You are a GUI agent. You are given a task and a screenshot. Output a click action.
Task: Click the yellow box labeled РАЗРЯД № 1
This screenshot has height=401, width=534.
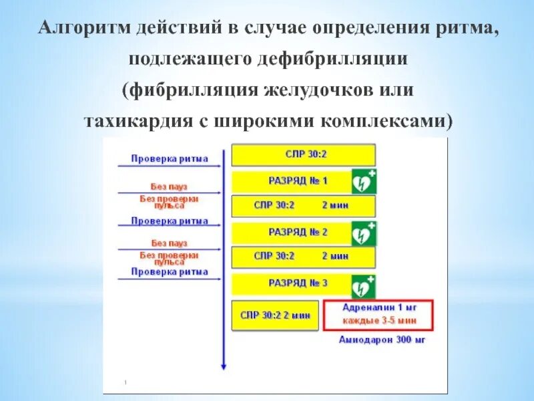(x=292, y=181)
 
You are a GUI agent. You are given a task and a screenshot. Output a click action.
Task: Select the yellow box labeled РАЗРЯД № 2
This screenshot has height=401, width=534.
(x=292, y=232)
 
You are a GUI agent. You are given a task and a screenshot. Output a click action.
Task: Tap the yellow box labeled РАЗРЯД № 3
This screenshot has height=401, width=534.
(x=292, y=283)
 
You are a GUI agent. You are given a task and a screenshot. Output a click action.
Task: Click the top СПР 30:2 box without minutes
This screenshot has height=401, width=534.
(x=303, y=155)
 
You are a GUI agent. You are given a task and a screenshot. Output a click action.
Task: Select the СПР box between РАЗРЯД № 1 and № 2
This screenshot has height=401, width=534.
(x=303, y=206)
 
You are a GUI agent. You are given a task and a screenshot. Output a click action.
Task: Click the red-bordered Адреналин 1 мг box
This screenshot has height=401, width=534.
(x=378, y=315)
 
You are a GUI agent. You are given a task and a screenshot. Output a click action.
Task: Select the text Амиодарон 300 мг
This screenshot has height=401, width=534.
(x=382, y=340)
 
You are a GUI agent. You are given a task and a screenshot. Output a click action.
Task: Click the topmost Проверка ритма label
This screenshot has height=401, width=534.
(x=170, y=159)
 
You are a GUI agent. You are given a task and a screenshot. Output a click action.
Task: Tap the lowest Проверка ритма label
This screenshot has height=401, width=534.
(x=170, y=272)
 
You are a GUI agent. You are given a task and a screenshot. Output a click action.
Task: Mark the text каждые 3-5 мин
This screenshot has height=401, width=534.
(x=378, y=321)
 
